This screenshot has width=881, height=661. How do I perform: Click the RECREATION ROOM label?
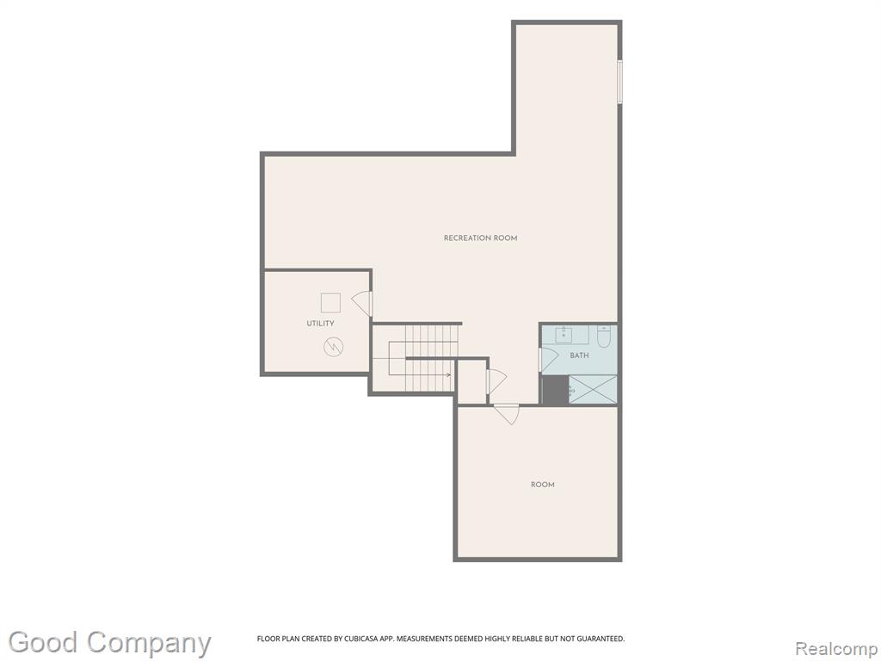tap(480, 238)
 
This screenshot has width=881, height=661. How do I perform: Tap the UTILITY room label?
tap(320, 324)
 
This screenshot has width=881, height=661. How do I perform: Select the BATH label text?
tap(579, 355)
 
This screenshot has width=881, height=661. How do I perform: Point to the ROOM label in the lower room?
tap(543, 485)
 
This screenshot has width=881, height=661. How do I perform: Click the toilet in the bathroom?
tap(604, 337)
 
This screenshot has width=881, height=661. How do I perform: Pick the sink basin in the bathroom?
tap(564, 335)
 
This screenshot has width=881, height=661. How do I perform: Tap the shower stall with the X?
tap(593, 389)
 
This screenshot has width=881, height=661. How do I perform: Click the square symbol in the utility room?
tap(330, 302)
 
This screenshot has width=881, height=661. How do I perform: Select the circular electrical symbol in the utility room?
tap(334, 346)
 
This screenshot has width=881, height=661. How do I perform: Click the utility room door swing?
tap(362, 303)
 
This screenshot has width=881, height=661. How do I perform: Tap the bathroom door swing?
tap(547, 360)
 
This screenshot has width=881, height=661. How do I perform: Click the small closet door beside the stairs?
tap(496, 380)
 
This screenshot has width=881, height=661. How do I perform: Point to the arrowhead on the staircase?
tap(448, 375)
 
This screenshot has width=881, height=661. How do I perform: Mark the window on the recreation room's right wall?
tap(619, 82)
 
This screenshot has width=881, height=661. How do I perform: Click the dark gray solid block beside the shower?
tap(555, 390)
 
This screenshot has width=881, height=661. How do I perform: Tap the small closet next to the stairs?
tap(471, 381)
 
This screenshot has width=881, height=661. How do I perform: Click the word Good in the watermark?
tap(43, 642)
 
